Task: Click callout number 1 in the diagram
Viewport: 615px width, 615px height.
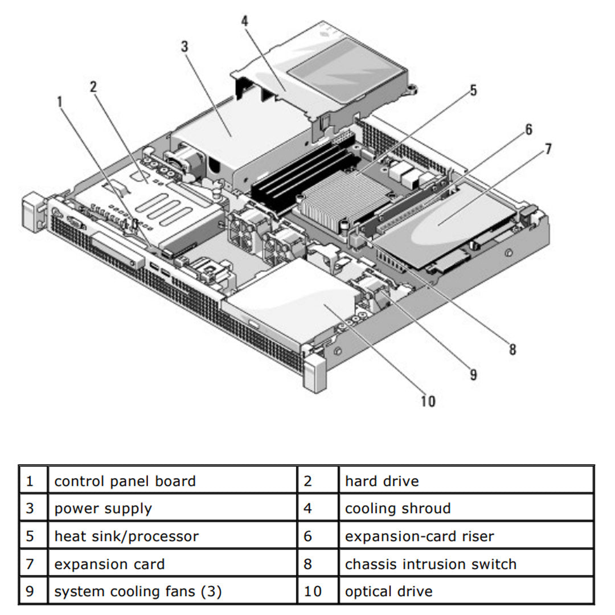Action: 60,102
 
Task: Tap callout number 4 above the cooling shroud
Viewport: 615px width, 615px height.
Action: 244,21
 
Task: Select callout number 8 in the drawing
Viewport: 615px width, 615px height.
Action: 512,349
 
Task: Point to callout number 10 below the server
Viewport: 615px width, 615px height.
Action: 428,401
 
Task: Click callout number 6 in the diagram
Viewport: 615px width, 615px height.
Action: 528,130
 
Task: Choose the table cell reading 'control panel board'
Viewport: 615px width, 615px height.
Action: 125,481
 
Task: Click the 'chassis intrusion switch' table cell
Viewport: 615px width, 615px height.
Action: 430,564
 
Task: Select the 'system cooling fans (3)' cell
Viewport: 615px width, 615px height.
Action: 138,592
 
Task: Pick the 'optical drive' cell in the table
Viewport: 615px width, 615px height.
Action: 388,592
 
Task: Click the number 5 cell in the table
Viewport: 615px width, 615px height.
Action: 30,536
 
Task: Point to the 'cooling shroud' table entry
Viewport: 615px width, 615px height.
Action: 397,509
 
